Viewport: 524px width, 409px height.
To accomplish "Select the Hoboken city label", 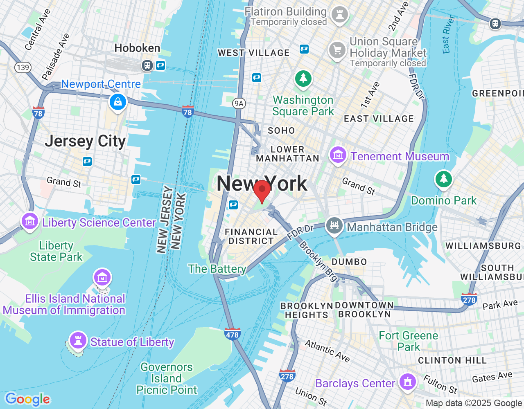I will [137, 48].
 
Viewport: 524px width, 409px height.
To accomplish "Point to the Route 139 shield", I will [23, 67].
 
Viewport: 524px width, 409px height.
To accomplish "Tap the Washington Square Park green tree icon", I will [303, 78].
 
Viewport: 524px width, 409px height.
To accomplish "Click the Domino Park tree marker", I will [443, 179].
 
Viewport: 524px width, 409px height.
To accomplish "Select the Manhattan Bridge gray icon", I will [334, 225].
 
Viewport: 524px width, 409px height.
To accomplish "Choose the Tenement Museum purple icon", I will [338, 155].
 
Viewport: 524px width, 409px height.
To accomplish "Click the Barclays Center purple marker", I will [407, 382].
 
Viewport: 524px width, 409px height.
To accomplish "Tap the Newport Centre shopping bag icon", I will [118, 102].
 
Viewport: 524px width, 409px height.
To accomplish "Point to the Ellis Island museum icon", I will [102, 277].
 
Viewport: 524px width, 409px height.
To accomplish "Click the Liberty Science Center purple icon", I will [30, 221].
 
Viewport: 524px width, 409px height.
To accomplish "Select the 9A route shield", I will [239, 103].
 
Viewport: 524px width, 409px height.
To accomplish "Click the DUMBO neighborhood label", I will [349, 262].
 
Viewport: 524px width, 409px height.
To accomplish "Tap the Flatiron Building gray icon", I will [339, 14].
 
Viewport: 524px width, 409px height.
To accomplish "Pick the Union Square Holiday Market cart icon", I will [337, 50].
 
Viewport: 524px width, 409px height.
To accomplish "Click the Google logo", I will [28, 399].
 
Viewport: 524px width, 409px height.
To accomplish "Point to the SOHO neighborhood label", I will [281, 130].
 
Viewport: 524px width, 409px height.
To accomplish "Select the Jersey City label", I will [85, 141].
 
